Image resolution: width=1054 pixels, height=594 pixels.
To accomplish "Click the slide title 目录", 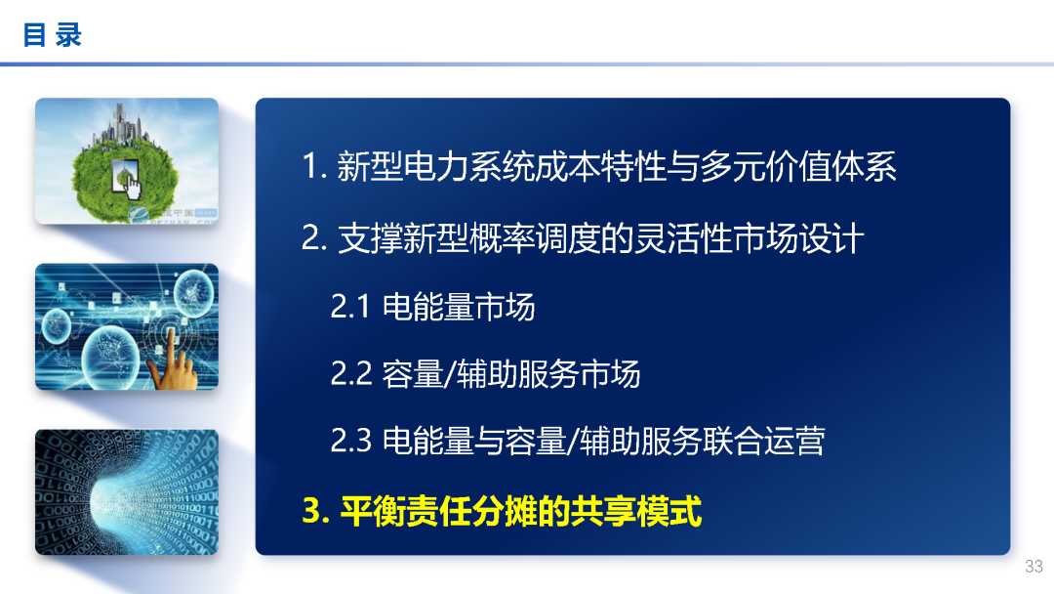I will coord(53,36).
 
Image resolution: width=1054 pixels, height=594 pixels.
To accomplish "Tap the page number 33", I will coord(1034,567).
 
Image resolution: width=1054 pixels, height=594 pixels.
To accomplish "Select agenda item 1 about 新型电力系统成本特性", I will coord(599,167).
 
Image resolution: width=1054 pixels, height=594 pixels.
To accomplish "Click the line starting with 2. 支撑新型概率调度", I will coord(583,238).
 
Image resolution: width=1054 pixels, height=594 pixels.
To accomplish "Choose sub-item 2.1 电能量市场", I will coord(432,307).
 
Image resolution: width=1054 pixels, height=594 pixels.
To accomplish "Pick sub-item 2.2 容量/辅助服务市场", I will coord(485,373).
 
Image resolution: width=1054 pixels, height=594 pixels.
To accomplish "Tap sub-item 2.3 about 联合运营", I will coord(577,441).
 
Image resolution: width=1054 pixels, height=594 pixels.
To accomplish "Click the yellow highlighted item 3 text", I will coord(503,510).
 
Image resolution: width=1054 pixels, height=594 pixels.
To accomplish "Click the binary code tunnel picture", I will coord(127,492).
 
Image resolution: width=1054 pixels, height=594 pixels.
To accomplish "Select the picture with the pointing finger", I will coord(127,326).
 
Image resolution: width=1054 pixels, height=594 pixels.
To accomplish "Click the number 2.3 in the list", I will coord(351,441).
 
